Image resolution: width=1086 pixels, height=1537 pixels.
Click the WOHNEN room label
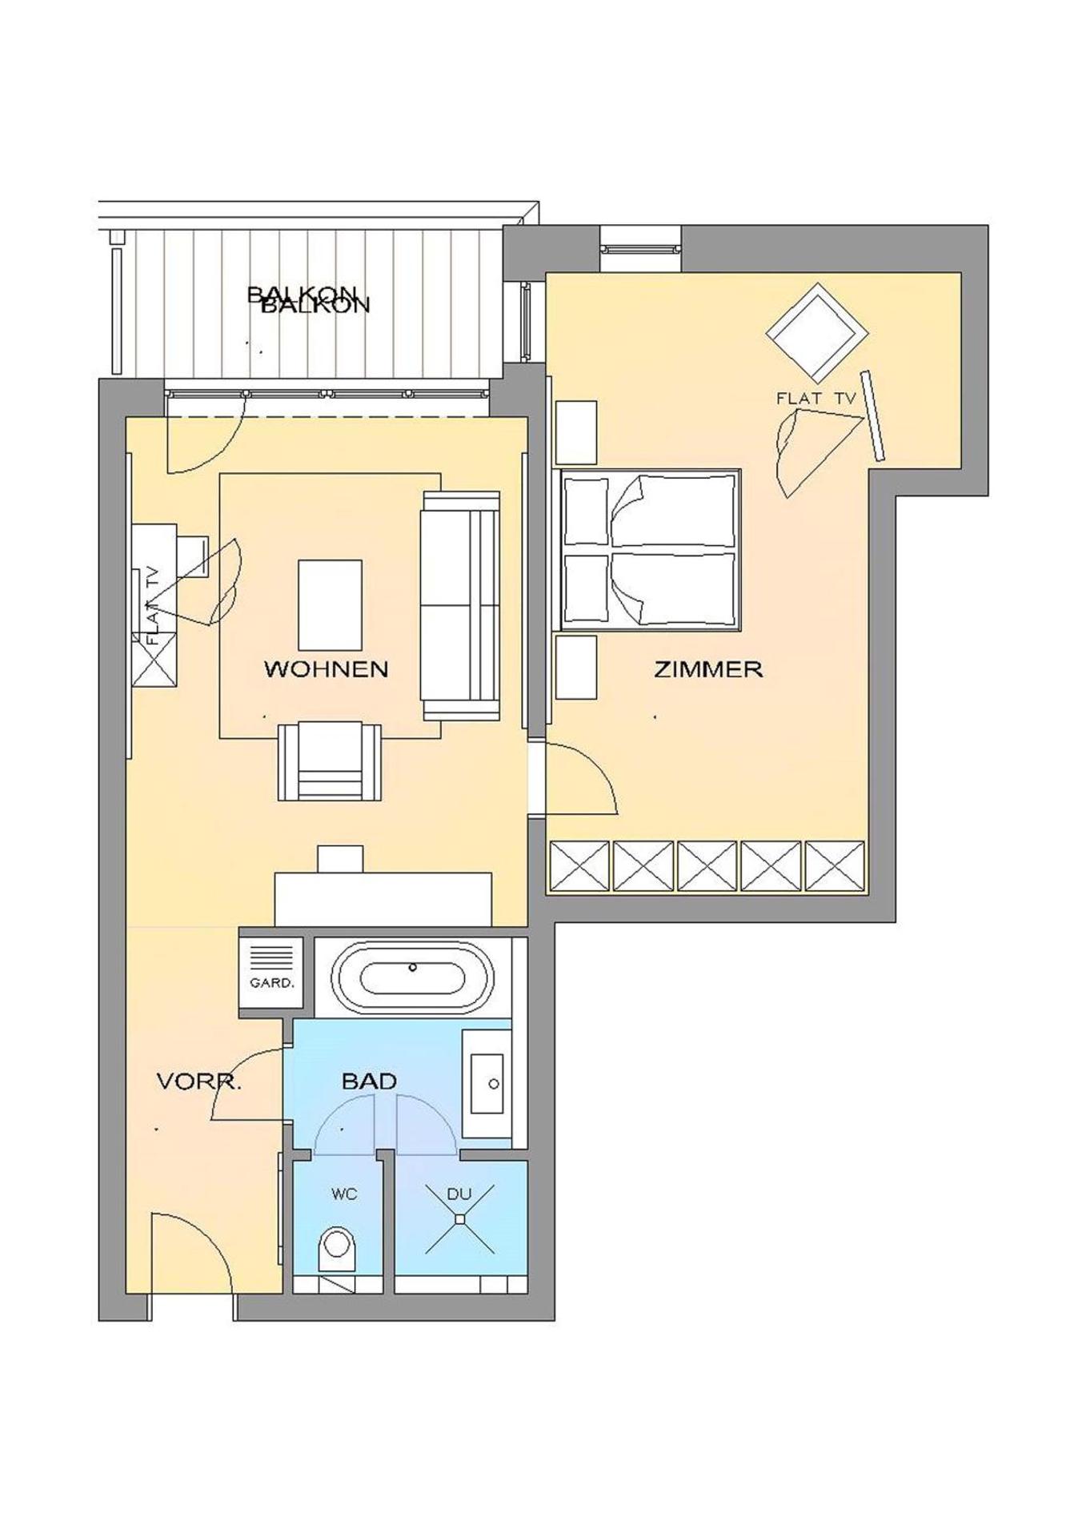coord(326,668)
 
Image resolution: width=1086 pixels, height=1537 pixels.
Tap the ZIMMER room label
coord(707,668)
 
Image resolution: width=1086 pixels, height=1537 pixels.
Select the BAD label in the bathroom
coord(369,1081)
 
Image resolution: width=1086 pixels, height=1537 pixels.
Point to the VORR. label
coord(198,1082)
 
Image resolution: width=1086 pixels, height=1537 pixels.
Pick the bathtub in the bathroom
coord(412,977)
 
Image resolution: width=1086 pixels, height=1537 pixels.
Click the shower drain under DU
coord(460,1219)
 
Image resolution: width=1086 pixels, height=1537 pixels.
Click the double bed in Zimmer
coord(650,548)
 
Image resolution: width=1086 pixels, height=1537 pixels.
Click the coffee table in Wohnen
coord(329,605)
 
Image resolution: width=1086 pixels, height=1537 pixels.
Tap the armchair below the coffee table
coord(329,761)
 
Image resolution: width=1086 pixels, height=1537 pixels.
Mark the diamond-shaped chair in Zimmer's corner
coord(816,332)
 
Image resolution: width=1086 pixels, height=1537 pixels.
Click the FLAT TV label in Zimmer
coord(816,398)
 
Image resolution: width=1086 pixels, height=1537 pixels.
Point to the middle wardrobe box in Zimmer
coord(707,865)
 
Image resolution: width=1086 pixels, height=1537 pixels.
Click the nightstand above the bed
coord(576,432)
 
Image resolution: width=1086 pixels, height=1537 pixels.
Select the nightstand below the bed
coord(576,667)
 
